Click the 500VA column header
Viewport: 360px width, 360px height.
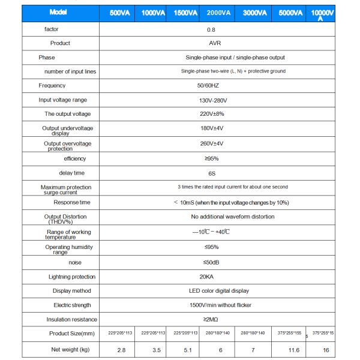122,13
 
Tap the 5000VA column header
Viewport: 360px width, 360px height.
290,13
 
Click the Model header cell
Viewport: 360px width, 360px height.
58,13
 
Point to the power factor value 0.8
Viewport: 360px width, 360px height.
212,29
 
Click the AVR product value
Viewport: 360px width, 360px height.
212,43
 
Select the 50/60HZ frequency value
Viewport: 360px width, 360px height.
212,86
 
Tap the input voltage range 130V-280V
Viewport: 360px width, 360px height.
212,100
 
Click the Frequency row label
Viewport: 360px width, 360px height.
52,86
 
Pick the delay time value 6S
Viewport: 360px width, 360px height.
212,173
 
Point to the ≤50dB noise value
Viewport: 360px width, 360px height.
212,262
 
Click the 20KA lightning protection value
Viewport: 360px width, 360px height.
212,277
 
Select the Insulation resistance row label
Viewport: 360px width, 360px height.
71,319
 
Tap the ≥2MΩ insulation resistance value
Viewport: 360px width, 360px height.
212,319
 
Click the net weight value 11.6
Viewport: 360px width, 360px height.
290,349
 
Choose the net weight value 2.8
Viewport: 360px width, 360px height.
122,349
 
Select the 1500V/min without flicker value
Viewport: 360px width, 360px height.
212,305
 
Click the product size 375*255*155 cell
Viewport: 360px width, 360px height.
290,333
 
